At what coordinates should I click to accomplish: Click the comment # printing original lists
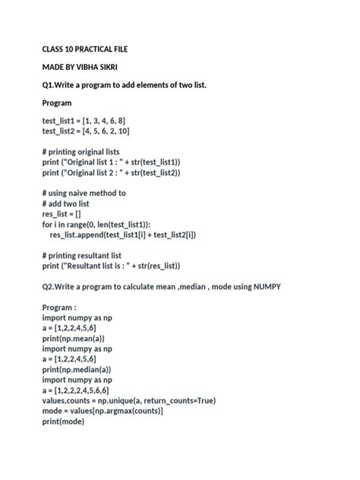[81, 152]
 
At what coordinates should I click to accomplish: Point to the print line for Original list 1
[112, 163]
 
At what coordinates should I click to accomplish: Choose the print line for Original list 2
[112, 173]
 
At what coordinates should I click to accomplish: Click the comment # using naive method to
[84, 194]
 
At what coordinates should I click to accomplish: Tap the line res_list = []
[63, 214]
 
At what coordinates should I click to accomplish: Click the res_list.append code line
[123, 235]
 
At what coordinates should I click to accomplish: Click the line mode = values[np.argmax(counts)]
[103, 411]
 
